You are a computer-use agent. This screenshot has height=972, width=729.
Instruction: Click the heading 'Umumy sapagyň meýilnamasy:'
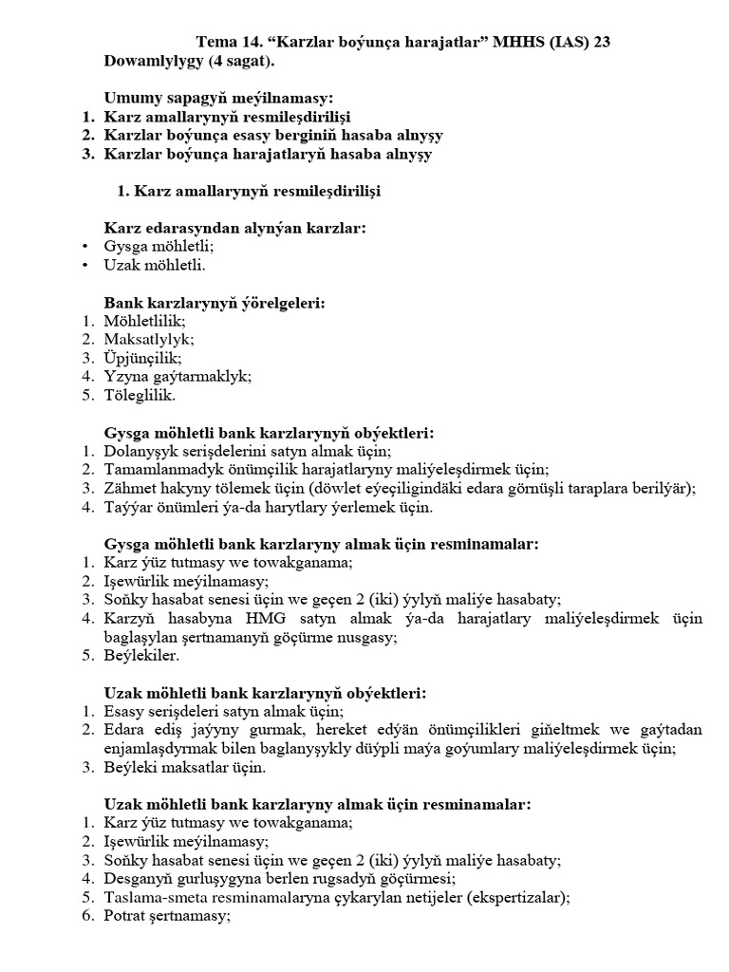pyautogui.click(x=219, y=98)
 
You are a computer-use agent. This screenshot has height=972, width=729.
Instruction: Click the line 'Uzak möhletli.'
pyautogui.click(x=155, y=265)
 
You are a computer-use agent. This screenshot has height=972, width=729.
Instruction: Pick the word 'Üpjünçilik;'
pyautogui.click(x=142, y=358)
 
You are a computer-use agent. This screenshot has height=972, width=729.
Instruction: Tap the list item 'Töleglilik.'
pyautogui.click(x=140, y=395)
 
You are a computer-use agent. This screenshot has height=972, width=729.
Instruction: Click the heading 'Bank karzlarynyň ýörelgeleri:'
pyautogui.click(x=215, y=303)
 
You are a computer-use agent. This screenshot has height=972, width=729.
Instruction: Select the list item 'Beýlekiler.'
pyautogui.click(x=142, y=656)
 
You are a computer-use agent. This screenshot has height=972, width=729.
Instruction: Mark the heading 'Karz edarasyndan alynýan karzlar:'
pyautogui.click(x=235, y=228)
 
